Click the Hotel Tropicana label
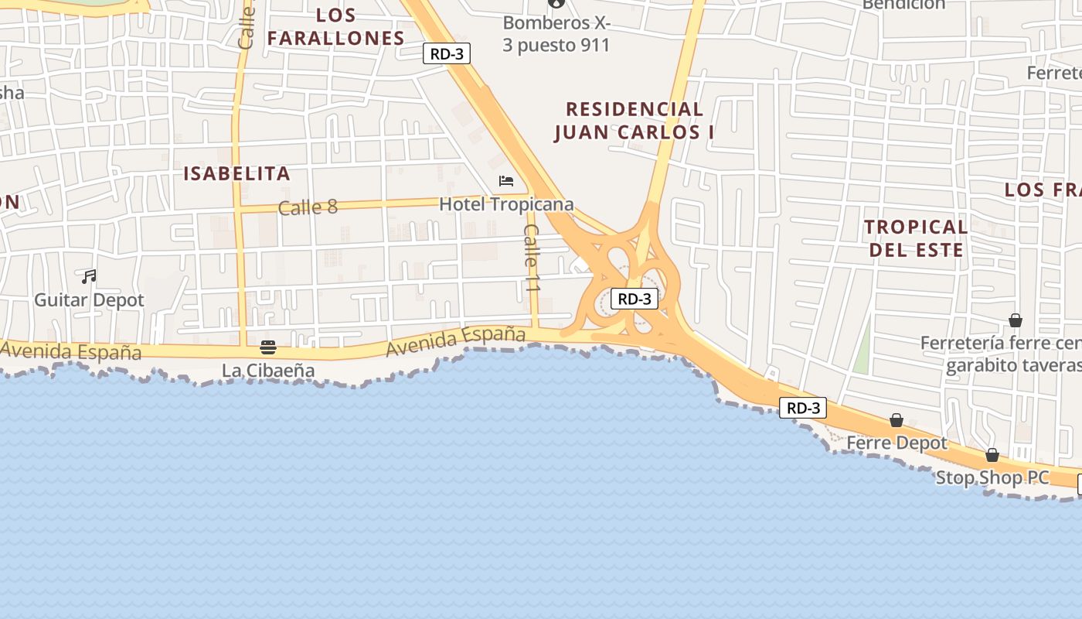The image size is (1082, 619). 506,204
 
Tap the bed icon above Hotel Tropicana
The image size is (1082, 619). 506,181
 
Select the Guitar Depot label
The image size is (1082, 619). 89,299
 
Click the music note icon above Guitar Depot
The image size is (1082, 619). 90,276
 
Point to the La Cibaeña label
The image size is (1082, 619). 268,371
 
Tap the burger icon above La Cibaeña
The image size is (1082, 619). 268,347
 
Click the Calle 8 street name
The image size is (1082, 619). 308,207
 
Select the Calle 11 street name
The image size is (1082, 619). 531,258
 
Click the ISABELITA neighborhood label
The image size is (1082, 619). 236,173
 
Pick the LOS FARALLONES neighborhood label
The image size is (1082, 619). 336,26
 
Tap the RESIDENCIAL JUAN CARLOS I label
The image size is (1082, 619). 634,121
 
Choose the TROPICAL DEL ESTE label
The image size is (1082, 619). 916,238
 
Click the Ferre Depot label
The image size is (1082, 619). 897,443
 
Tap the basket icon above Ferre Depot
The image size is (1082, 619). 897,420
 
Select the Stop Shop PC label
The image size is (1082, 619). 992,477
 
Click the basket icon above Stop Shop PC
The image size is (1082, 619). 992,454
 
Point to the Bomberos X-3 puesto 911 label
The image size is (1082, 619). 556,34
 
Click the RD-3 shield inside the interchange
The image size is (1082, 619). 635,299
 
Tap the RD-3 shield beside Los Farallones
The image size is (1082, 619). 447,53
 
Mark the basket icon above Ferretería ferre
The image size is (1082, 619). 1016,320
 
